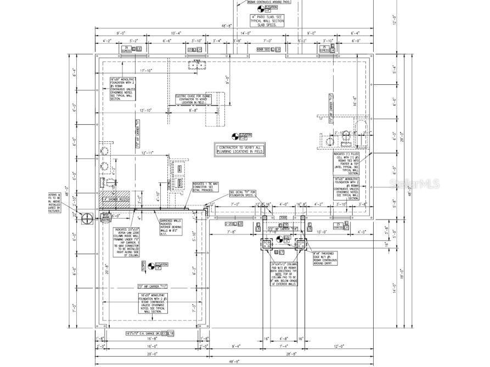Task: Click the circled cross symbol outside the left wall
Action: coord(87,219)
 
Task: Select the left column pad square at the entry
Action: coord(266,244)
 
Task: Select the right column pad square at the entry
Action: coord(300,244)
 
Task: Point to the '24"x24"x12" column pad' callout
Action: coord(284,274)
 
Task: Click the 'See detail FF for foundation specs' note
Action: coord(243,193)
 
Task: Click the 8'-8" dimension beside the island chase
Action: coord(194,110)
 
